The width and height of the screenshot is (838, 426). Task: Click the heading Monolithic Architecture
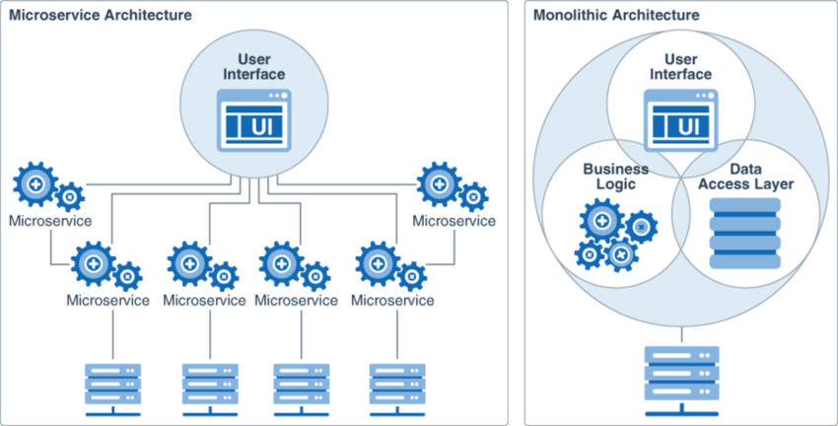tap(615, 16)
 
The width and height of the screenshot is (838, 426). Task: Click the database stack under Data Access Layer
tap(744, 233)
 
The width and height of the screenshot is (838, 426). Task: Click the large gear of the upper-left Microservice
tap(35, 184)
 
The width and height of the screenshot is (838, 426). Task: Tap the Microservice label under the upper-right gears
tap(454, 220)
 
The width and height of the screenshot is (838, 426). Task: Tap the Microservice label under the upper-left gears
tap(50, 220)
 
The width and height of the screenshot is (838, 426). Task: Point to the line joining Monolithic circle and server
tap(678, 328)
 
